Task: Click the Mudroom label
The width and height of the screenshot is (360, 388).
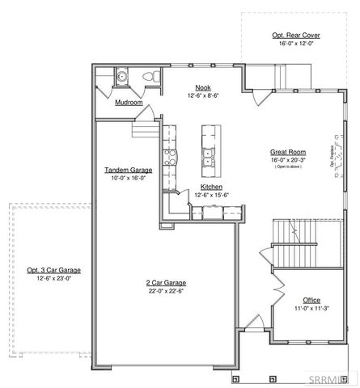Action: (128, 103)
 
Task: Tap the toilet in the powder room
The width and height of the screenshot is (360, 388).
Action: (146, 77)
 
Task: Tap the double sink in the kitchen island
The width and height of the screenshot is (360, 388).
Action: (208, 156)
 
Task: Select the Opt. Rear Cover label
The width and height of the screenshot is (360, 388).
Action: (294, 36)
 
